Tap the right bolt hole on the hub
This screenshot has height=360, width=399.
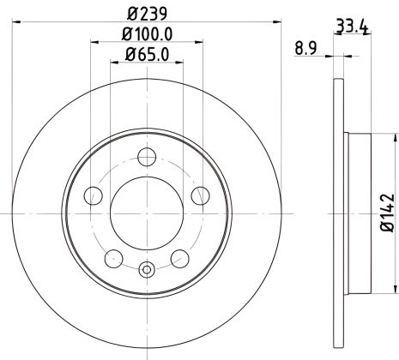pyautogui.click(x=200, y=196)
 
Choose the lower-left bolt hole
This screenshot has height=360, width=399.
pyautogui.click(x=112, y=258)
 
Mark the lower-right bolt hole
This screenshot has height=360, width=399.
pyautogui.click(x=179, y=258)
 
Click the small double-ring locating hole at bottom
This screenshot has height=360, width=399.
pyautogui.click(x=146, y=272)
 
